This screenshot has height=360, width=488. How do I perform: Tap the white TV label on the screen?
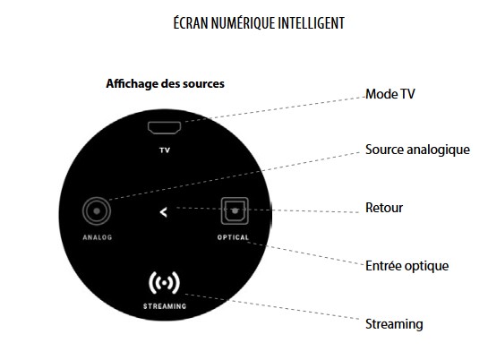tap(165, 150)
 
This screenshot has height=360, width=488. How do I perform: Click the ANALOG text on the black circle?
tap(97, 237)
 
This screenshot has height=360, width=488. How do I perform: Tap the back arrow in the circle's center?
tap(163, 212)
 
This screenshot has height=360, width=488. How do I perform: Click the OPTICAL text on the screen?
tap(233, 237)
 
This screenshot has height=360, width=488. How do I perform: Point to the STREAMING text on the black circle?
tap(165, 306)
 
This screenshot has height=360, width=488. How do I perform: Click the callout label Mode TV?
tap(390, 94)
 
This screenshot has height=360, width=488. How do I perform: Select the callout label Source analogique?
tap(417, 150)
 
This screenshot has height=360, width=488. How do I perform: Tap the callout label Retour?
tap(384, 208)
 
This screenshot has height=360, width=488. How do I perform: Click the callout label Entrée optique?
tap(407, 266)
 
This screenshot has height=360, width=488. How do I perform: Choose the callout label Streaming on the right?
tap(394, 324)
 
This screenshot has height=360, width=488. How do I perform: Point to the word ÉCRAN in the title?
tap(191, 22)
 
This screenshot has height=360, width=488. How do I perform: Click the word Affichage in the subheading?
tap(132, 83)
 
